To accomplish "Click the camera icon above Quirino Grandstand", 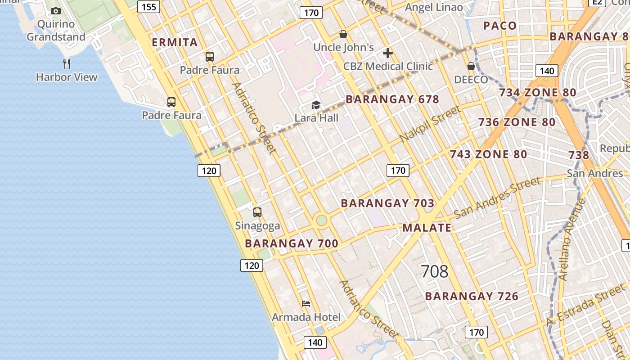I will pyautogui.click(x=56, y=11).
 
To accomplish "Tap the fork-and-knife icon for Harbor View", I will pyautogui.click(x=67, y=64).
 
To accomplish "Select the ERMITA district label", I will pyautogui.click(x=175, y=43).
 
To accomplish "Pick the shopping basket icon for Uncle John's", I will pyautogui.click(x=343, y=34).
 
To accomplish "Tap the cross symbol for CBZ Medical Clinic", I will pyautogui.click(x=388, y=54).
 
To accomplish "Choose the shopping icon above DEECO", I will pyautogui.click(x=471, y=67).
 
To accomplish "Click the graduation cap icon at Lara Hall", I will pyautogui.click(x=316, y=105).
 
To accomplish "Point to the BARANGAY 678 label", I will pyautogui.click(x=392, y=99).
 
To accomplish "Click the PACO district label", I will pyautogui.click(x=500, y=26).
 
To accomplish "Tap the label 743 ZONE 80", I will pyautogui.click(x=488, y=154).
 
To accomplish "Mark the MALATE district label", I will pyautogui.click(x=427, y=228).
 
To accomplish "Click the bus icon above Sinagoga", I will pyautogui.click(x=257, y=212).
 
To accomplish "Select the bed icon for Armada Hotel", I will pyautogui.click(x=306, y=304).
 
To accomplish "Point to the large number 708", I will pyautogui.click(x=435, y=271).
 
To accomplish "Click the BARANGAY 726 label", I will pyautogui.click(x=472, y=296).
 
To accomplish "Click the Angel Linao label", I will pyautogui.click(x=434, y=7).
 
